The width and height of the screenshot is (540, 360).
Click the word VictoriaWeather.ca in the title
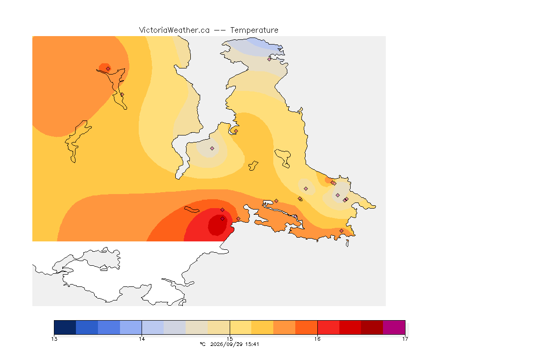coord(174,30)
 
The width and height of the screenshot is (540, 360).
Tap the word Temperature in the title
coord(254,30)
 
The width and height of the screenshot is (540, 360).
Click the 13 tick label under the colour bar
coord(54,339)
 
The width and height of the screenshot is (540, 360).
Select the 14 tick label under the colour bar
coord(142,339)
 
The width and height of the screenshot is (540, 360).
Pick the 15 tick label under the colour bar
coord(230,339)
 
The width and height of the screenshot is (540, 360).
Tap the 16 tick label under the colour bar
coord(317,339)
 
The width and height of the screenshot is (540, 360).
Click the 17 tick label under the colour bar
coord(405,339)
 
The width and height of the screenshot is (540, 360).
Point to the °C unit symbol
coord(203,344)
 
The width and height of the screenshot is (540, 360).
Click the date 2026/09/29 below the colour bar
coord(226,344)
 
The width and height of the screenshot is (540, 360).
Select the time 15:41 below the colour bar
coord(252,344)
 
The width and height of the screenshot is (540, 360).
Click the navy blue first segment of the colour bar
coord(65,327)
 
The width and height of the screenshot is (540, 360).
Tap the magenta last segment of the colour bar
coord(394,327)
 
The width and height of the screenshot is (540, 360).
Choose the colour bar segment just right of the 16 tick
coord(328,327)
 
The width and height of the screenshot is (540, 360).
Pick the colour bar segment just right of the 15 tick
coord(240,327)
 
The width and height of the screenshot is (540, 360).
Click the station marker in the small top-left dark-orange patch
coord(108,68)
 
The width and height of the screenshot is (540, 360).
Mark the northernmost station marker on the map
coord(270,59)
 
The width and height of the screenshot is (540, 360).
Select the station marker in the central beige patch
coord(212,148)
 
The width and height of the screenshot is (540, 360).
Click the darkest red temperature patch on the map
coord(217,225)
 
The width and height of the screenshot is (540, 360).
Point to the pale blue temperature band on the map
coord(263,44)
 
